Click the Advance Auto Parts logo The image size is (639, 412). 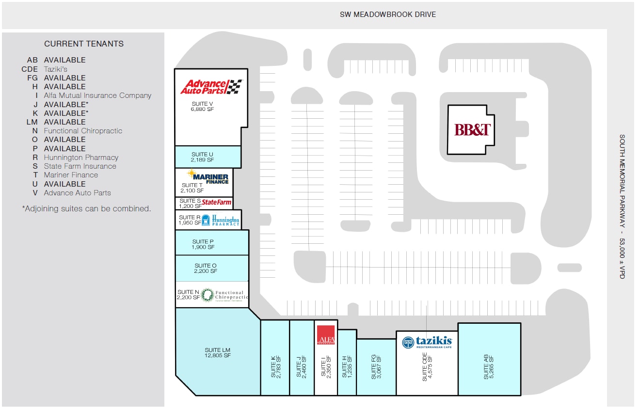[211, 87]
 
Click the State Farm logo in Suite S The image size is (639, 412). [217, 202]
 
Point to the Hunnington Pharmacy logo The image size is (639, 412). [221, 220]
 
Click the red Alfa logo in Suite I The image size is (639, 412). [325, 335]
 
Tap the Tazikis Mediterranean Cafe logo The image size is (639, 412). [427, 343]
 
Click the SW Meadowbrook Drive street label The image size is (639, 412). [388, 15]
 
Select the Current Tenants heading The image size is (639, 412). [84, 44]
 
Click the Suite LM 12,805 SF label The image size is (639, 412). [218, 353]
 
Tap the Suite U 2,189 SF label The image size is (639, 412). [202, 157]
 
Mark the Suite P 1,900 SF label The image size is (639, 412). [203, 244]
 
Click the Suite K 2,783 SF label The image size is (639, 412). [275, 367]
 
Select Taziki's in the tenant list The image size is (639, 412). [56, 69]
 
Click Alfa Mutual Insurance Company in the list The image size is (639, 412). [97, 95]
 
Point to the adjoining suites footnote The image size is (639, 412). [86, 209]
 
